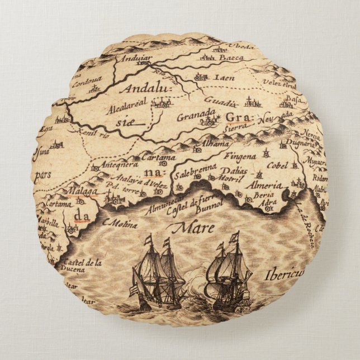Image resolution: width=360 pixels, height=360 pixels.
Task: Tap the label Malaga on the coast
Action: point(82,191)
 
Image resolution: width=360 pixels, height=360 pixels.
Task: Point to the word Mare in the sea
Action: point(187,228)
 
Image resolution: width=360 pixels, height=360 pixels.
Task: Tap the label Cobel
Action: point(278,165)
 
